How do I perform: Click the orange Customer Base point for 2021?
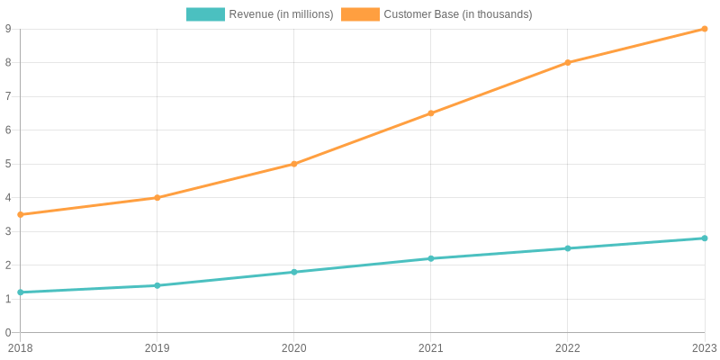431,113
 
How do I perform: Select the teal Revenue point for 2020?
294,273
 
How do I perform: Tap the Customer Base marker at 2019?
157,198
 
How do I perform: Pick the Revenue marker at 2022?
568,248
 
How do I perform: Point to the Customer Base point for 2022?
568,62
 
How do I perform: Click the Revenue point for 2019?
157,285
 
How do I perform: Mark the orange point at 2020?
294,164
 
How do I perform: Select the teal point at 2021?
431,258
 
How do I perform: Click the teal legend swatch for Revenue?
205,14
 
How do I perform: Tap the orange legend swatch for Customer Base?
361,14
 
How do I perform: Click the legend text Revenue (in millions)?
281,14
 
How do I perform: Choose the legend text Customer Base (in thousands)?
458,14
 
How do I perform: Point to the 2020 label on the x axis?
294,348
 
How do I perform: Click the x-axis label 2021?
431,348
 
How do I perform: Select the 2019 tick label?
157,348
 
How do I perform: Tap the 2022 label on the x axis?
568,348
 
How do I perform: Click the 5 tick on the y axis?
8,164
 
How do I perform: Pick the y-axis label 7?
8,96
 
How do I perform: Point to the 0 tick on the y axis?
8,332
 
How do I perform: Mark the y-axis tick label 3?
8,231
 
